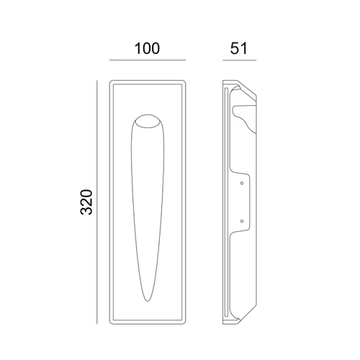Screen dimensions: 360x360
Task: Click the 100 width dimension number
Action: pos(147,48)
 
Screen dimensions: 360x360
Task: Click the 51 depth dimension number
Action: pos(238,48)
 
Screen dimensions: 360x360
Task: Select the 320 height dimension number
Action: pos(86,202)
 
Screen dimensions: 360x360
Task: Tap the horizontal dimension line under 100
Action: pos(148,60)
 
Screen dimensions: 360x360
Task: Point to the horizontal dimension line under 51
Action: pos(240,60)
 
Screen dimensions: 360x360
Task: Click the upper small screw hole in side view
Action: pos(242,183)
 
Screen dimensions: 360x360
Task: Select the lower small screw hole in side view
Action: pos(242,221)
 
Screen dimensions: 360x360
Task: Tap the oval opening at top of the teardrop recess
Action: pos(148,121)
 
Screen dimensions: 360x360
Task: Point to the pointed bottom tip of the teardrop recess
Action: pos(148,301)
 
